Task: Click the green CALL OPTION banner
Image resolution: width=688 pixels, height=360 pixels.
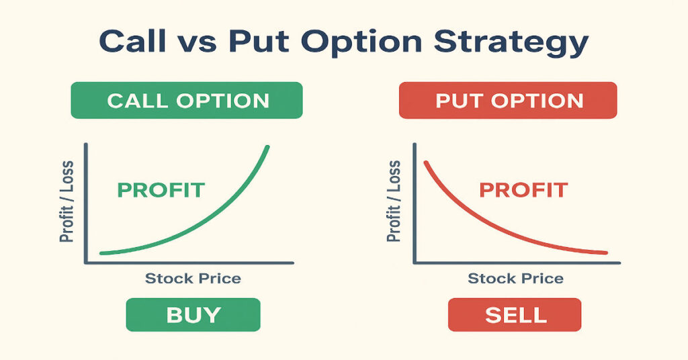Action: coord(187,101)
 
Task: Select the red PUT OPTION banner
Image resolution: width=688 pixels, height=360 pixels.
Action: coord(509,101)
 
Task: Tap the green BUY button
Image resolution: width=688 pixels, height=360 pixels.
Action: coord(193,314)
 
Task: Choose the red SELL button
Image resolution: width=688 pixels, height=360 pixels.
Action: coord(514,314)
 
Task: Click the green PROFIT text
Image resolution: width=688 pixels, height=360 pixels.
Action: coord(161,190)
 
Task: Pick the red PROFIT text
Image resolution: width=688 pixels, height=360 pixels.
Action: coord(523,190)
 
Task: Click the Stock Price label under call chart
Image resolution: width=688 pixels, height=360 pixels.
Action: coord(193,278)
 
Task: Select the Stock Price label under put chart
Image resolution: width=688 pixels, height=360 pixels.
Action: coord(515,278)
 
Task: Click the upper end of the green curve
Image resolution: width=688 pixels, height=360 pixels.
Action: coord(268,147)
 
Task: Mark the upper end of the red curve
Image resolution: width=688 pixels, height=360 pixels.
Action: coord(424,162)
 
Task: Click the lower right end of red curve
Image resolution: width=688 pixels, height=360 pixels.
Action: coord(605,253)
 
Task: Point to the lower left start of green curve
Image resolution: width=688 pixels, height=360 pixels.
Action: coord(101,253)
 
